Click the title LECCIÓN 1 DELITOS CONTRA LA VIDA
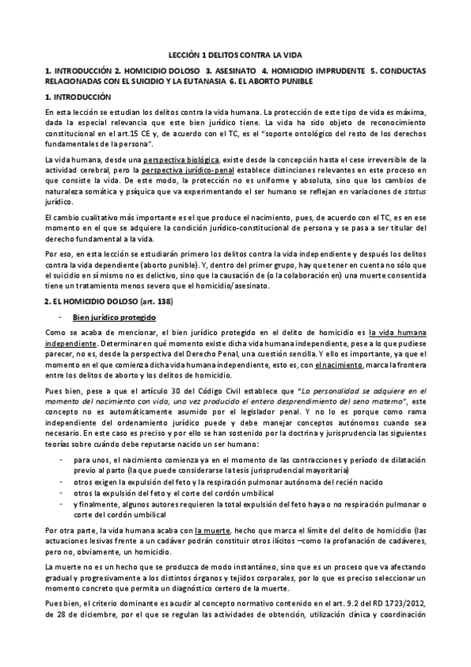point(235,57)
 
